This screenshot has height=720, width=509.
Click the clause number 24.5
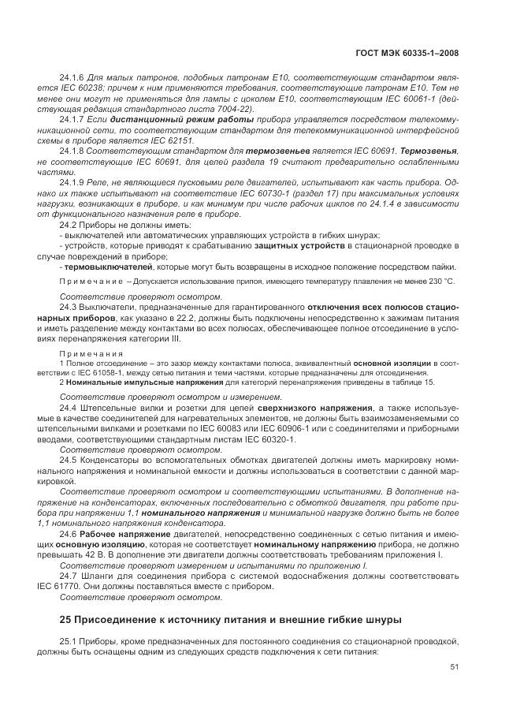click(67, 457)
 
